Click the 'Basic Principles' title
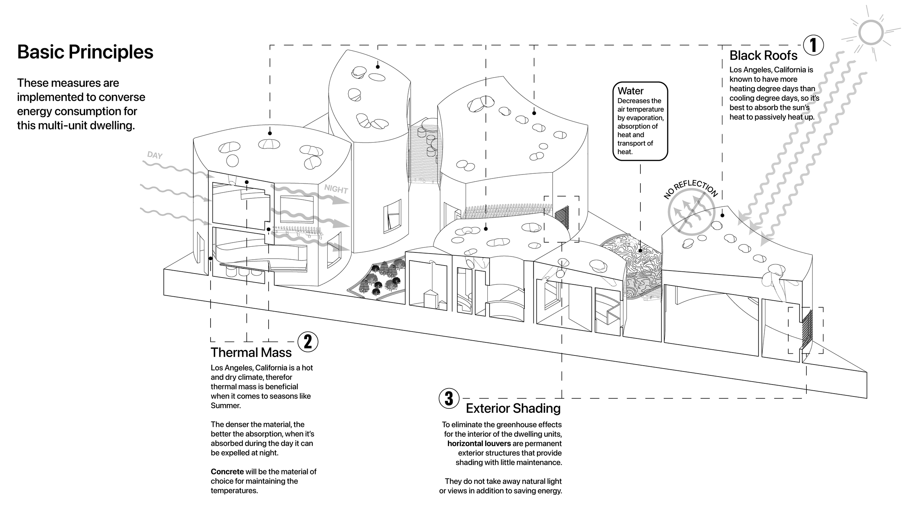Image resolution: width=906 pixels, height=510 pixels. click(85, 52)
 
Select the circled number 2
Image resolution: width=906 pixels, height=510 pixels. click(308, 341)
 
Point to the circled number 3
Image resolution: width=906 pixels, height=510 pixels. click(449, 398)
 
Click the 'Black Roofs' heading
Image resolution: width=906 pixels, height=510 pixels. click(763, 55)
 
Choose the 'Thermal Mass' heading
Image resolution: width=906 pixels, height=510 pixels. click(251, 353)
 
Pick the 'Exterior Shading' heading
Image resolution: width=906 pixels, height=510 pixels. click(513, 408)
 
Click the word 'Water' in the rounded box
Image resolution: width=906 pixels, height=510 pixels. click(631, 91)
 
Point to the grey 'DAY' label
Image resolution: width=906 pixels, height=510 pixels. click(155, 155)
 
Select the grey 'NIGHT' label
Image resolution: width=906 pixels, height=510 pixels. click(336, 189)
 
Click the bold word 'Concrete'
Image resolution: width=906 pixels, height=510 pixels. click(227, 472)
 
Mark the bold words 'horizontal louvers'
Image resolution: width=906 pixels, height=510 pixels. click(479, 444)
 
